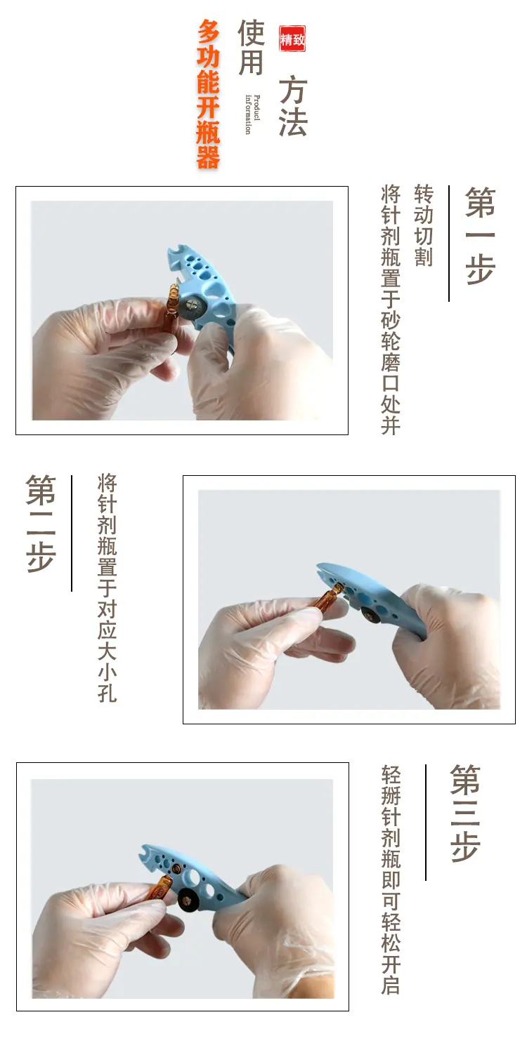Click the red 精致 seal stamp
tap(292, 39)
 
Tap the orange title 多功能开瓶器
tap(208, 93)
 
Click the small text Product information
tap(252, 114)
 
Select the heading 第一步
tap(479, 235)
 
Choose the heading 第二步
tap(41, 523)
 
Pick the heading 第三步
tap(465, 813)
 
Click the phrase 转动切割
tap(424, 225)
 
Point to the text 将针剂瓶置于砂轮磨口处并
tap(391, 310)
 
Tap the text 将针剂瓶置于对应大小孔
tap(108, 587)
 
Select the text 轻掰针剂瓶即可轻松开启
tap(391, 879)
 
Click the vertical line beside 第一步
tap(449, 243)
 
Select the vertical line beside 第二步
tap(71, 533)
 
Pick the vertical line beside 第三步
tap(425, 822)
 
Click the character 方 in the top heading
tap(292, 91)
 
